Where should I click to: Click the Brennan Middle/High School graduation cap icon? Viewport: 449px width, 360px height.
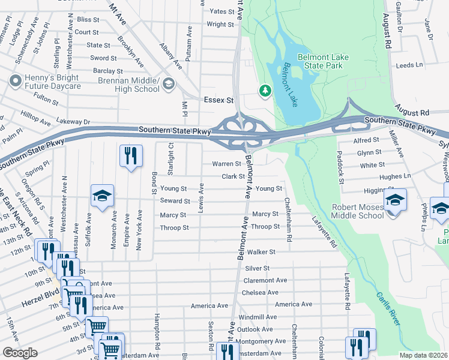(169, 84)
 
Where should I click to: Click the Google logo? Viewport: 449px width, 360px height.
(20, 353)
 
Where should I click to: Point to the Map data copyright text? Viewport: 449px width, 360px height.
(423, 355)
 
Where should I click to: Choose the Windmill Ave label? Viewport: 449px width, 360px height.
(258, 317)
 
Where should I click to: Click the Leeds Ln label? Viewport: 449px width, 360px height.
(410, 64)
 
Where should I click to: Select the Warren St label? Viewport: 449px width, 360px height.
(226, 164)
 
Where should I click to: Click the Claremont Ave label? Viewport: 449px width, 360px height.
(265, 280)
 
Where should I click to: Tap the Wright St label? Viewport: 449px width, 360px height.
(220, 25)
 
